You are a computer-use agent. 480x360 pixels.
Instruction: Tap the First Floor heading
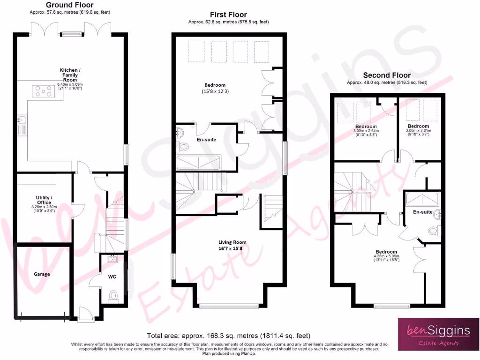coord(228,15)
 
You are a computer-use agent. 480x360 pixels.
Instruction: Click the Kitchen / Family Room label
coord(68,75)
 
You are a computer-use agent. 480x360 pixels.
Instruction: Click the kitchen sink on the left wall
coord(21,125)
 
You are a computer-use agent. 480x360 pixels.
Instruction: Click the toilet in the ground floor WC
coord(113,295)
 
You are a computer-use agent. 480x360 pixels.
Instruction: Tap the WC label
coord(112,277)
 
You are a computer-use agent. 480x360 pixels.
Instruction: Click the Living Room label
coord(233,242)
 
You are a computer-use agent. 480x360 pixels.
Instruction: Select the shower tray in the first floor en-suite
coord(198,163)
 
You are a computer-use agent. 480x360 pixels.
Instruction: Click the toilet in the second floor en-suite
coord(434,231)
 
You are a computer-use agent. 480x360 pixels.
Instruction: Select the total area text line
coord(228,336)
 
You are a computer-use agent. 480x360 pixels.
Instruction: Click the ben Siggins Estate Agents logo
coord(437,334)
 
